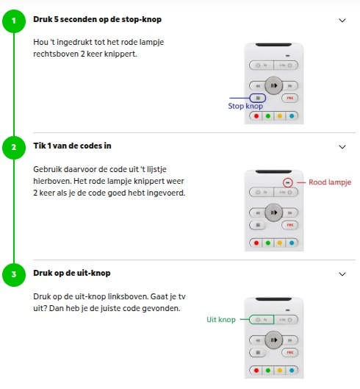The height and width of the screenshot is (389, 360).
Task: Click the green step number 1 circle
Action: point(14,21)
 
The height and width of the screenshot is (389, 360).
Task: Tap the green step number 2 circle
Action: point(14,148)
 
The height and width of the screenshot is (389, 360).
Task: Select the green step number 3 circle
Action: point(14,275)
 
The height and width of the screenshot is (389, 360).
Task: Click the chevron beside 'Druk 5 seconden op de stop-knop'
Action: point(342,21)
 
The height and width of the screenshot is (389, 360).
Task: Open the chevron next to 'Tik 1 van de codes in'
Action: point(342,147)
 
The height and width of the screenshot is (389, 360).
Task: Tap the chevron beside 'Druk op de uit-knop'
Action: point(342,274)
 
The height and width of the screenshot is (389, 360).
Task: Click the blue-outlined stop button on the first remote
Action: point(258,98)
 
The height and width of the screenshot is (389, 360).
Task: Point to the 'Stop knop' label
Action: point(245,106)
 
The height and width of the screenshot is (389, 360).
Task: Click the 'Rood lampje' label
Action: point(330,182)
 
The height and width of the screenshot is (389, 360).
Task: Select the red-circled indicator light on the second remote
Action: point(287,182)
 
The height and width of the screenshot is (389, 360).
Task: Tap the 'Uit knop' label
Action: point(221,320)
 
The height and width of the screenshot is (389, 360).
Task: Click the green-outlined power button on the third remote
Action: point(262,320)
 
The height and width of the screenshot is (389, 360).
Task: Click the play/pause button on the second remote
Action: point(274,213)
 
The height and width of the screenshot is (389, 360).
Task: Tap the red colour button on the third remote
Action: point(256,371)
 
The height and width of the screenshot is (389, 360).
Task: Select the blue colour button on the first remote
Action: point(292,116)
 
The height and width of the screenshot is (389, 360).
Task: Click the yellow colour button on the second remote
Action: point(280,243)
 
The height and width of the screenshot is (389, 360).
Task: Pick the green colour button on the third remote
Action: point(268,371)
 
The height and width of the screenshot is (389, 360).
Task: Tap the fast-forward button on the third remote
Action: point(290,340)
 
